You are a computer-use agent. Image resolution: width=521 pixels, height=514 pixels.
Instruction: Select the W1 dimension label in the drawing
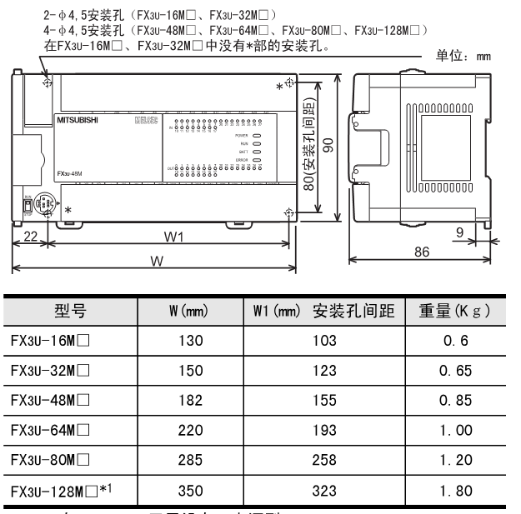(173, 237)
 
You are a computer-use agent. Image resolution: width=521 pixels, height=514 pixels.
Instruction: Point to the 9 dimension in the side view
(460, 234)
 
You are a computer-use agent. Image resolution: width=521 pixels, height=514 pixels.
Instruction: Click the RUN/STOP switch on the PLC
(27, 180)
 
